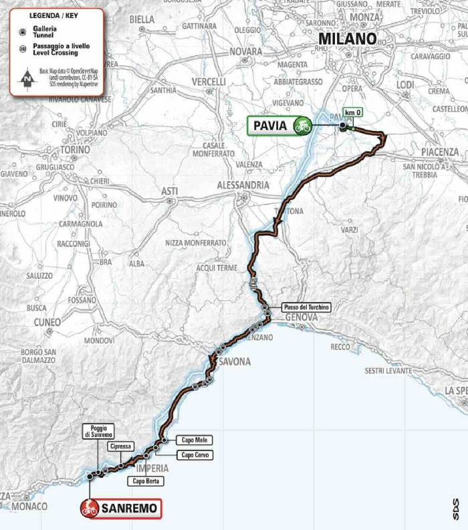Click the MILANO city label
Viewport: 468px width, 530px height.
[x=347, y=39]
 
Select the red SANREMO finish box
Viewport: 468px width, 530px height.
[x=121, y=509]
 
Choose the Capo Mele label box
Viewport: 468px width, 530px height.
[x=193, y=440]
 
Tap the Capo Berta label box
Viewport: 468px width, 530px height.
[x=147, y=481]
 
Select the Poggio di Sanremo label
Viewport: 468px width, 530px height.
[x=97, y=431]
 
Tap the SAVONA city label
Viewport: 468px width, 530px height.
[x=234, y=362]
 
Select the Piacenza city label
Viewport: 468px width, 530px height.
[x=440, y=152]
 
